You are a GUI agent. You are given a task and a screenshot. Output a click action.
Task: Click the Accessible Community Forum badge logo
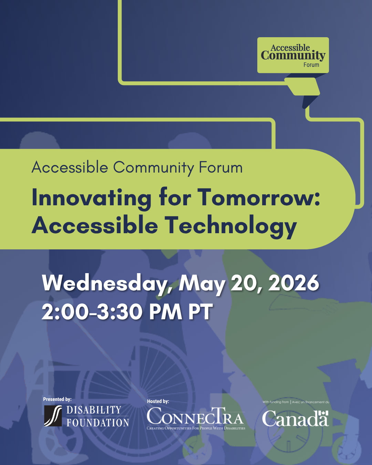pyautogui.click(x=293, y=55)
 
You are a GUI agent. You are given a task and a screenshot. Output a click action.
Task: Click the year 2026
pyautogui.click(x=293, y=283)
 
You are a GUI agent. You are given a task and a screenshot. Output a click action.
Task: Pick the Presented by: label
pyautogui.click(x=57, y=400)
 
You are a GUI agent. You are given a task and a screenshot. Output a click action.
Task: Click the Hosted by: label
pyautogui.click(x=158, y=402)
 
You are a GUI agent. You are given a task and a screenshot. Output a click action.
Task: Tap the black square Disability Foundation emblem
pyautogui.click(x=53, y=416)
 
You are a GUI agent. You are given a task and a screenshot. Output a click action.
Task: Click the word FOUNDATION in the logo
pyautogui.click(x=98, y=423)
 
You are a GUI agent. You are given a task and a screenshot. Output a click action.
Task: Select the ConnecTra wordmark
pyautogui.click(x=195, y=416)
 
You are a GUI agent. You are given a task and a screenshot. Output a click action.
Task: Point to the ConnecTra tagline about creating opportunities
pyautogui.click(x=196, y=428)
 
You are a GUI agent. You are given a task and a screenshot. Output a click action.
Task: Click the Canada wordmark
pyautogui.click(x=295, y=418)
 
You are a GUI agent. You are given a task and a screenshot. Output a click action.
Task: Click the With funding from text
pyautogui.click(x=276, y=402)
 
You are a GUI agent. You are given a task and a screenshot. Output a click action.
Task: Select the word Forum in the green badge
pyautogui.click(x=311, y=65)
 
